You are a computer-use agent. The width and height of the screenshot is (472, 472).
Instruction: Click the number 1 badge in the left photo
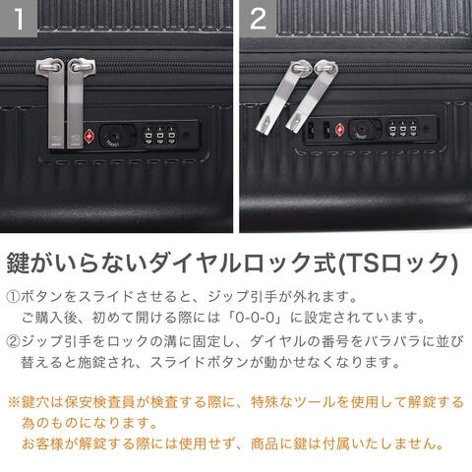point(19,19)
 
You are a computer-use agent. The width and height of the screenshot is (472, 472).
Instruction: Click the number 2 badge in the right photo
point(258,19)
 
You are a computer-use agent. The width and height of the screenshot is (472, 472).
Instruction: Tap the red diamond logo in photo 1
point(88,136)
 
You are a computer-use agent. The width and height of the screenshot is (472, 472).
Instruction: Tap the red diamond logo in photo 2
point(340,130)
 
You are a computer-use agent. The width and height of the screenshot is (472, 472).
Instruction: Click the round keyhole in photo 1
point(113,136)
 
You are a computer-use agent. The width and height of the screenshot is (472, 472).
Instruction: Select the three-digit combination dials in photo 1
point(159,136)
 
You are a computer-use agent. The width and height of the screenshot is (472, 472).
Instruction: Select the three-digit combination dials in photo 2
point(403,129)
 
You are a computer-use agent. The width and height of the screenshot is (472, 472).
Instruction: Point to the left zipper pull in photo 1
point(52,102)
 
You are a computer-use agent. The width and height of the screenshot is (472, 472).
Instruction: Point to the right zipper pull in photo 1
point(78,102)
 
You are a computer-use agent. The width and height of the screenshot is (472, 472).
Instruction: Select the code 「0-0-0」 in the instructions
point(255,318)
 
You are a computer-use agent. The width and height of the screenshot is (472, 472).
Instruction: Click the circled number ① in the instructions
point(13,297)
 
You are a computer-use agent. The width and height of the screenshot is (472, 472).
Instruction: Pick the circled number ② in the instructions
point(13,341)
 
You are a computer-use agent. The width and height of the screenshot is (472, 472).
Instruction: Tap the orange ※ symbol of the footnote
point(14,402)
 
